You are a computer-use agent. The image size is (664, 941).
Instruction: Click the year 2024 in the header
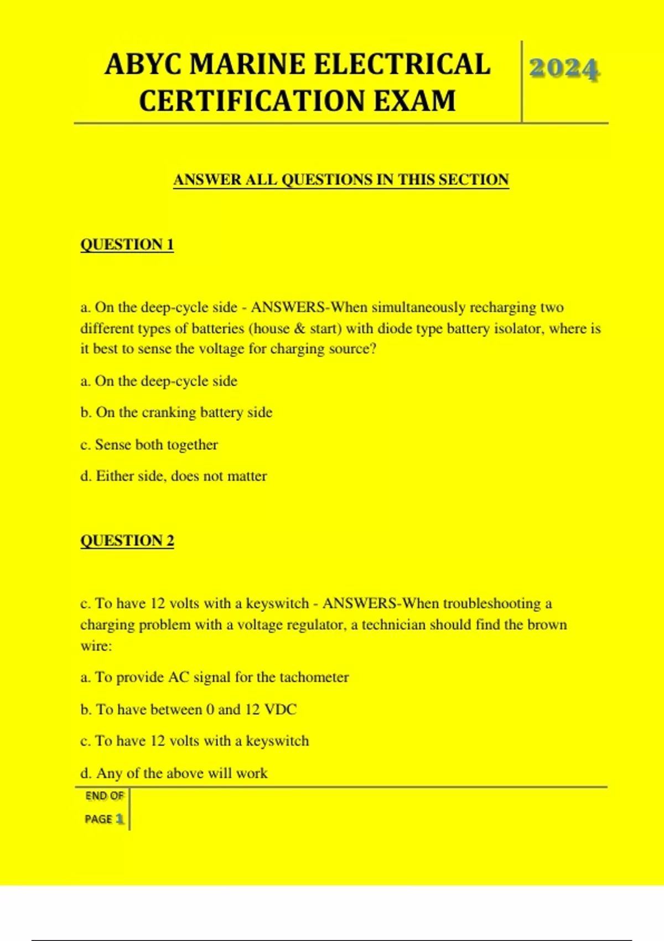tap(564, 69)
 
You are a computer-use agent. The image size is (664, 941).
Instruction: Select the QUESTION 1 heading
tap(127, 245)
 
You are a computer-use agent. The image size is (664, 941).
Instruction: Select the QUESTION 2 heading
tap(127, 540)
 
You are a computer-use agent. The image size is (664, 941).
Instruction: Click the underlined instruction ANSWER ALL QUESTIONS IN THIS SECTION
tap(341, 180)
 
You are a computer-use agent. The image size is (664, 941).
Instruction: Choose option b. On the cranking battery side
tap(177, 412)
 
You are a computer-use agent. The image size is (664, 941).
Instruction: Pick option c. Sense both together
tap(149, 444)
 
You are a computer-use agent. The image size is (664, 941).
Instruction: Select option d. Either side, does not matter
tap(174, 476)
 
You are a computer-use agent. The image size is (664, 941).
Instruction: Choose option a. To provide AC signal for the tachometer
tap(215, 677)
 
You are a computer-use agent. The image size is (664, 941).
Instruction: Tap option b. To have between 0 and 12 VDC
tap(189, 709)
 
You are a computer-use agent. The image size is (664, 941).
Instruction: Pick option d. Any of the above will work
tap(174, 773)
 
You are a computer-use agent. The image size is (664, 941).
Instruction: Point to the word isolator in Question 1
tap(519, 328)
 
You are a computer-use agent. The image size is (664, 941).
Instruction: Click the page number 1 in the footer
tap(120, 819)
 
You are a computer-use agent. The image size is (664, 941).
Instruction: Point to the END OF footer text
tap(105, 796)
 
